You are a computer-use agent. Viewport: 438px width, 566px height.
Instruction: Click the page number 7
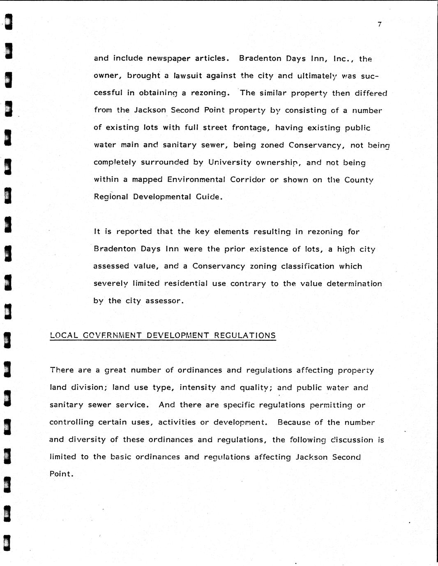[x=379, y=25]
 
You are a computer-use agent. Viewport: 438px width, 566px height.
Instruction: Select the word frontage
[x=250, y=128]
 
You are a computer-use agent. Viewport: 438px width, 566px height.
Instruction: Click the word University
[x=230, y=162]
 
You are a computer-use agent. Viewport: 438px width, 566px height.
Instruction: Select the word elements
[x=231, y=232]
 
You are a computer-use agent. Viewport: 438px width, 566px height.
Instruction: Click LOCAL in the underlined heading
[x=64, y=335]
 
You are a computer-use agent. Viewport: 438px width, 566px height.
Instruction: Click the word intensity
[x=198, y=388]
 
